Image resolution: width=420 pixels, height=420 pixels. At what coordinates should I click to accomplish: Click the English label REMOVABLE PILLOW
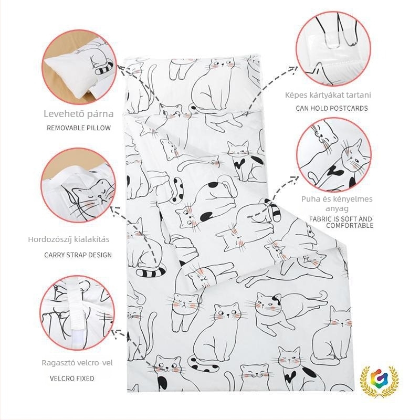coord(79,128)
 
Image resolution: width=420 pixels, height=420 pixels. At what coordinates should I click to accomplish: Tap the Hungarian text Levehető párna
coord(79,114)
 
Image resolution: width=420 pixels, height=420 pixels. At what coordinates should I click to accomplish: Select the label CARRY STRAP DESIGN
coord(78,255)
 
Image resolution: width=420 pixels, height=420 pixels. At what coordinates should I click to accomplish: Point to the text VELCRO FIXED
coord(72,379)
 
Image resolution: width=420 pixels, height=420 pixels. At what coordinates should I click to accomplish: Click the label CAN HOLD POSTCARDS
coord(332,108)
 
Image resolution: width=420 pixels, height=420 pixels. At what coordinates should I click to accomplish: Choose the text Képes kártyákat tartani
coord(328,95)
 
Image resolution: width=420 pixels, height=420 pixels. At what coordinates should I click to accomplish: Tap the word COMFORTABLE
coord(350,226)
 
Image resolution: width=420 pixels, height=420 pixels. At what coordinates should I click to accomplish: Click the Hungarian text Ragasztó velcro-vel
coord(77,363)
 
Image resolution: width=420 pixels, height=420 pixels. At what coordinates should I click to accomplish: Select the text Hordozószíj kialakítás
coord(69,239)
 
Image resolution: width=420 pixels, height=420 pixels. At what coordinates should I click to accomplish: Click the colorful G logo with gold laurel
coord(379,381)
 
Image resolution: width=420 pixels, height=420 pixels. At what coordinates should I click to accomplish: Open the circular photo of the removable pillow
coord(79,67)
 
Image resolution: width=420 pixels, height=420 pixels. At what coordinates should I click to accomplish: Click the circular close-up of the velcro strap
coord(77,312)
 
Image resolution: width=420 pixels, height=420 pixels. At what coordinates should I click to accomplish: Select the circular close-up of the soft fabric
coord(334,155)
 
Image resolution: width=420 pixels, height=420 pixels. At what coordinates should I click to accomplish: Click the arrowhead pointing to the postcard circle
coord(294,69)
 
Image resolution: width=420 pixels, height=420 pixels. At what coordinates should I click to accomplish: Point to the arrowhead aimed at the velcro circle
coord(115,333)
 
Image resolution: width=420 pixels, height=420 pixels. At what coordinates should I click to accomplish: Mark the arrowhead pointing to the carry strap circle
coord(114,211)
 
